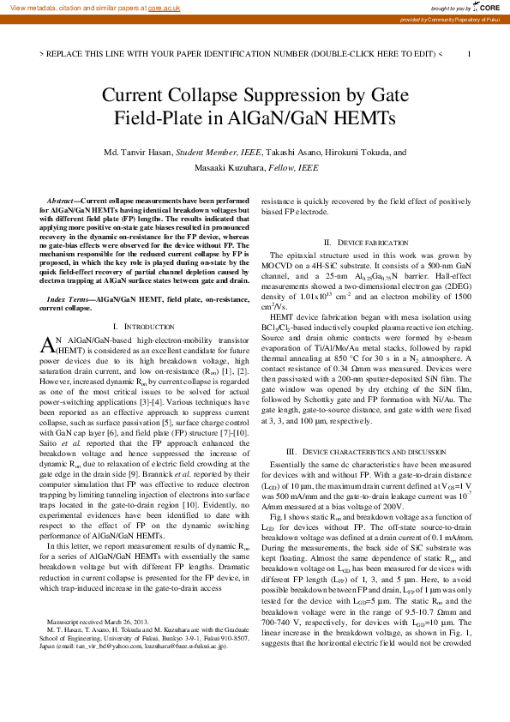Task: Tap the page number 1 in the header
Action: pyautogui.click(x=469, y=53)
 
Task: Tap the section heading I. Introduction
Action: pyautogui.click(x=144, y=327)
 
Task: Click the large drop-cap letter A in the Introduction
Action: pyautogui.click(x=48, y=344)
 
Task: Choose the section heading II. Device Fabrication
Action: pyautogui.click(x=365, y=244)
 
